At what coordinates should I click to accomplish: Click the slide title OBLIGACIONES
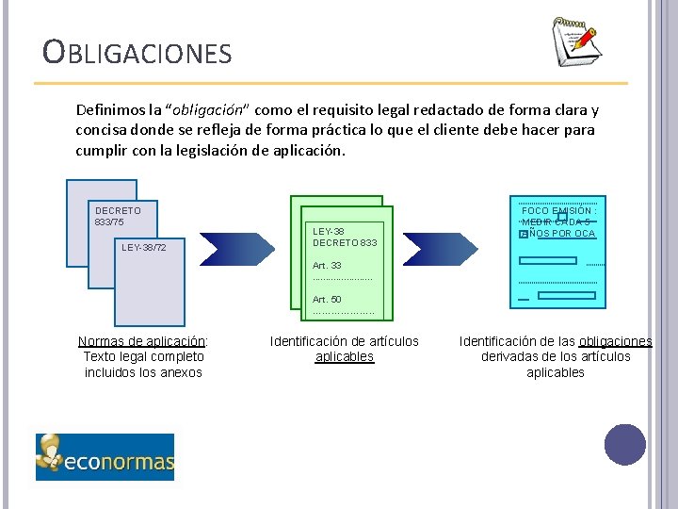[x=137, y=52]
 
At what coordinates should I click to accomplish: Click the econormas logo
[x=105, y=457]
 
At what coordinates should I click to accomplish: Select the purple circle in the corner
[x=624, y=445]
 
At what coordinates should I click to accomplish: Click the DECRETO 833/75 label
[x=118, y=216]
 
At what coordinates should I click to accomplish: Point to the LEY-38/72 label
[x=144, y=247]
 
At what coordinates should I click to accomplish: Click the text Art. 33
[x=327, y=266]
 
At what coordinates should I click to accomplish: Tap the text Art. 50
[x=327, y=299]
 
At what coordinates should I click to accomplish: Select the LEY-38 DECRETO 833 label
[x=344, y=237]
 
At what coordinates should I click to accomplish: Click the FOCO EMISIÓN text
[x=559, y=211]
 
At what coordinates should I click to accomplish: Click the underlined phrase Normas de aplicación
[x=141, y=341]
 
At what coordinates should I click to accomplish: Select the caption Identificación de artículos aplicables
[x=345, y=349]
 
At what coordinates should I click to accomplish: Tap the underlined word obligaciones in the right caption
[x=616, y=341]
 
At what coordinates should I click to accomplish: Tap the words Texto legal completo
[x=143, y=356]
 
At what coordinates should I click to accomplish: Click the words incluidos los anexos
[x=143, y=372]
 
